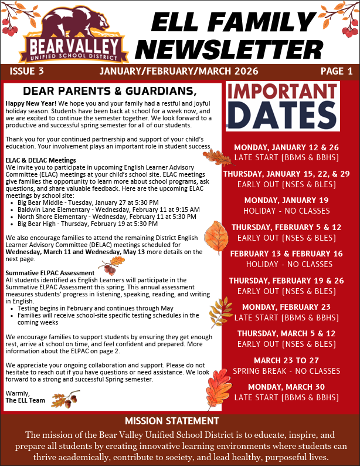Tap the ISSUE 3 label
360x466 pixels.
pos(27,72)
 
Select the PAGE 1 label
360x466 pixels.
pos(337,72)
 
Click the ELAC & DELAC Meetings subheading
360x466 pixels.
pos(40,160)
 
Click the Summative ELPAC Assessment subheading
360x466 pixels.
pos(50,273)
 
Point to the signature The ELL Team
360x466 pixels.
pos(25,400)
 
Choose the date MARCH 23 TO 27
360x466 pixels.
pos(286,360)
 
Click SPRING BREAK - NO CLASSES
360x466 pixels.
pos(286,371)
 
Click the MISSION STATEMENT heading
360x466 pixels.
pos(172,421)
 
